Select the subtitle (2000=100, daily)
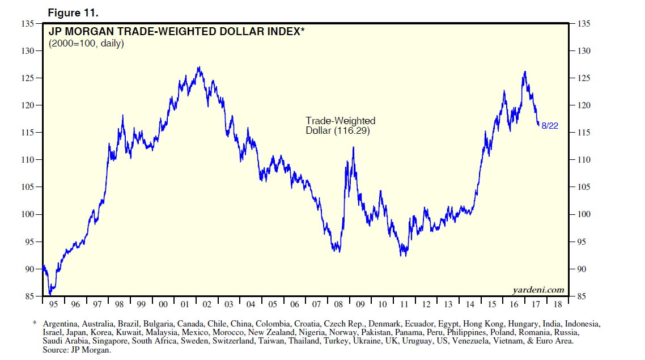tap(86, 43)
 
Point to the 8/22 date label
tap(550, 126)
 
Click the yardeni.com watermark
tap(538, 290)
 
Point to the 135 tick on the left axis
tap(28, 24)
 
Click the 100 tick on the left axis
tap(28, 214)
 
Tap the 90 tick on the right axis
tap(580, 269)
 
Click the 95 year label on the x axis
tap(53, 304)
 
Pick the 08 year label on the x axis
tap(338, 304)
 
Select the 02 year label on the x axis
tap(206, 304)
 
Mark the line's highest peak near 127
tap(198, 67)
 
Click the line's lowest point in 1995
tap(50, 294)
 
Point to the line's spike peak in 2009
tap(353, 147)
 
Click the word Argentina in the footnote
tap(61, 324)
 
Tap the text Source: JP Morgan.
tap(76, 350)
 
